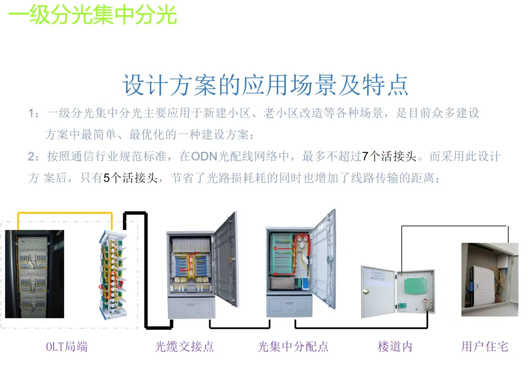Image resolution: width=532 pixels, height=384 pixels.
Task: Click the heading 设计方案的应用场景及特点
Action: pos(266,85)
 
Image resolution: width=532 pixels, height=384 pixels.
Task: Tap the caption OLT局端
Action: pos(67,347)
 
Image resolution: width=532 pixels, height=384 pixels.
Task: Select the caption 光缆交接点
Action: pos(184,347)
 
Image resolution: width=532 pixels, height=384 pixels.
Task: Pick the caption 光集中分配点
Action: pos(293,347)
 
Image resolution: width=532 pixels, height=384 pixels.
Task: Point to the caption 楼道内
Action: pos(395,347)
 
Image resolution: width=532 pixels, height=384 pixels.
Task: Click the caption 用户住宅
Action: pos(484,347)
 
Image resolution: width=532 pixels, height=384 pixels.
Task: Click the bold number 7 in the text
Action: pos(365,157)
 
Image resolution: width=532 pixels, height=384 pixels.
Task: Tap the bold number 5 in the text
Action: pos(106,178)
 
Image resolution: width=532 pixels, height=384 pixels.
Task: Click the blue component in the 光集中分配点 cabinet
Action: pos(305,283)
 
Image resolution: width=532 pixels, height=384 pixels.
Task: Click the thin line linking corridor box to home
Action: pos(453,226)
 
